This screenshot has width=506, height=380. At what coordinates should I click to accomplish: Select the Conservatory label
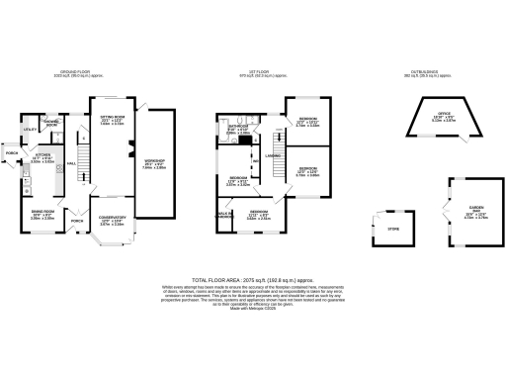pos(111,222)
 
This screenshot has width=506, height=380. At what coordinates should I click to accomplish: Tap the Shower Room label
pos(52,123)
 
